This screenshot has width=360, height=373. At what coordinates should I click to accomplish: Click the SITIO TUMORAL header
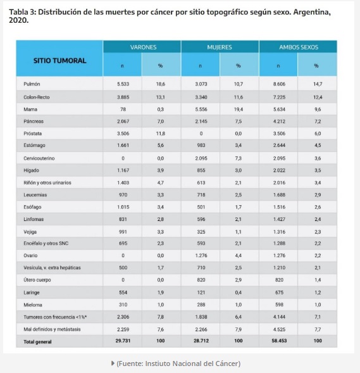coord(59,60)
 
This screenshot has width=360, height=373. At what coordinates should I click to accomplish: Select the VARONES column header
coord(143,47)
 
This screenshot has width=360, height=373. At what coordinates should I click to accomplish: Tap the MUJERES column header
coord(220,47)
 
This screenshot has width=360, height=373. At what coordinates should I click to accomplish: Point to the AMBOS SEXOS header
coord(299,47)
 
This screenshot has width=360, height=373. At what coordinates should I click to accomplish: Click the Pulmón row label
coord(32,84)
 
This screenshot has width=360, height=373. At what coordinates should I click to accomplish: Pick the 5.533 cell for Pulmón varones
coord(123,84)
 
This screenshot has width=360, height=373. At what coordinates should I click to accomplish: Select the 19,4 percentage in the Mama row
coord(239,110)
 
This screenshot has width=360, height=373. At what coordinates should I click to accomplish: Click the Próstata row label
coord(32,134)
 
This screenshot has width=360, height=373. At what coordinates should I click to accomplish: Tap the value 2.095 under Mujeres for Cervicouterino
coord(201,158)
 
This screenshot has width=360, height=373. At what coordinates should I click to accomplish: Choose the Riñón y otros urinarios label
coord(47,182)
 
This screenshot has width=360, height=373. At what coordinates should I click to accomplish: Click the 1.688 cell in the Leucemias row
coord(279,195)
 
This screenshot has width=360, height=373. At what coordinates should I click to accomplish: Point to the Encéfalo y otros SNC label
coord(46,243)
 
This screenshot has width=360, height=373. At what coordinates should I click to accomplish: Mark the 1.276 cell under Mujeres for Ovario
coord(201,255)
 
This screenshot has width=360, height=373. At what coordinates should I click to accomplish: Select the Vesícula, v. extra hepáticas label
coord(52,268)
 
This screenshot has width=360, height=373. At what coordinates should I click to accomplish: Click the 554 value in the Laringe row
coord(123,293)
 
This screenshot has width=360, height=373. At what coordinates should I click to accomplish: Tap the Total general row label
coord(37,342)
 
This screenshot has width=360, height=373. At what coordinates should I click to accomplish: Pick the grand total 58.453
coord(279,341)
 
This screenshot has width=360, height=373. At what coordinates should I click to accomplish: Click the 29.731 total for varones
coord(123,341)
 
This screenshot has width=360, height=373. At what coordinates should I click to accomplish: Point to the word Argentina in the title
coord(312,12)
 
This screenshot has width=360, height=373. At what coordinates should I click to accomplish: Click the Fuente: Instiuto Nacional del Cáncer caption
coord(178,364)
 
